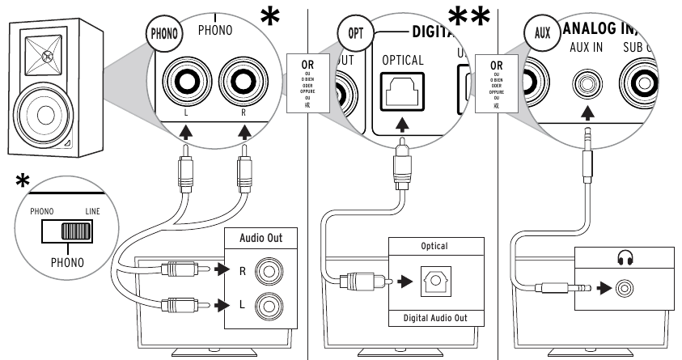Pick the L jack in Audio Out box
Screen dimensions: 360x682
(266, 304)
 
